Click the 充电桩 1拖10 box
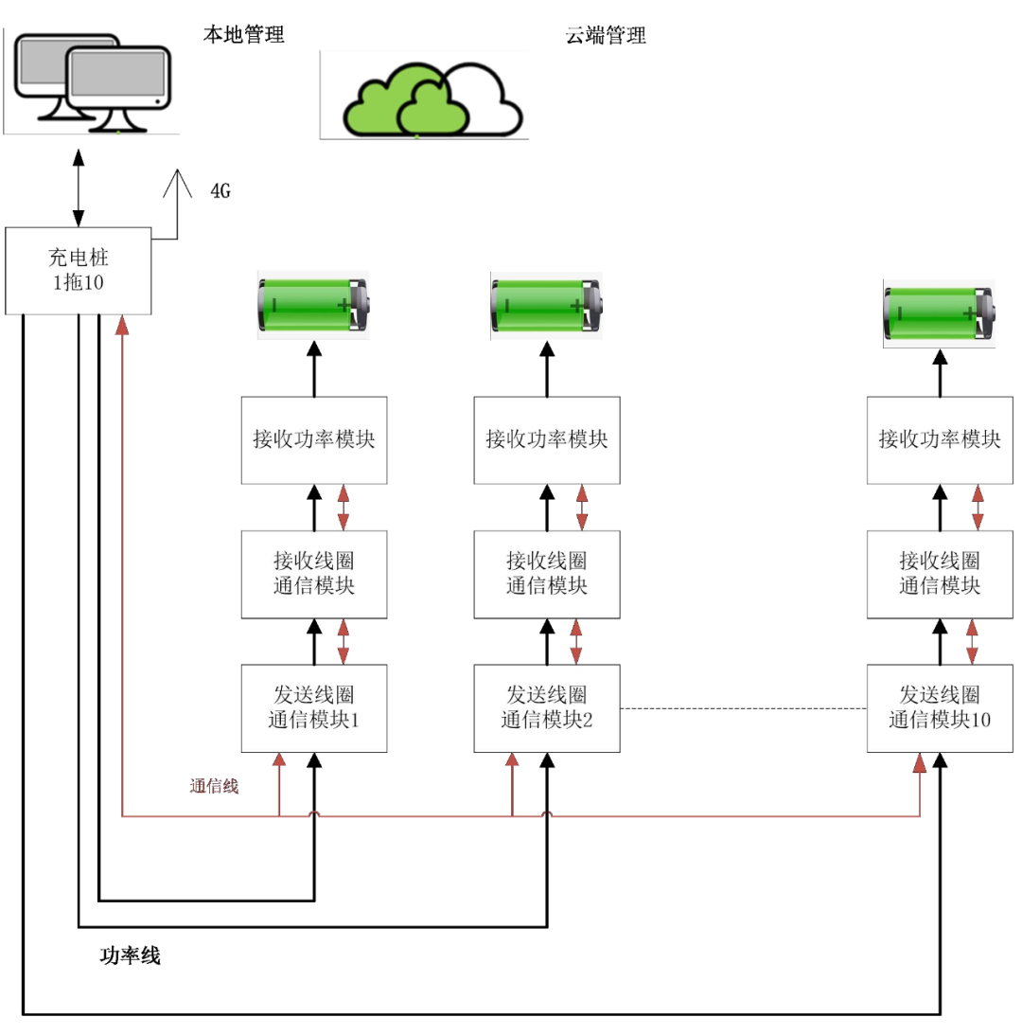[79, 270]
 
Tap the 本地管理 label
[243, 36]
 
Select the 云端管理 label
[606, 36]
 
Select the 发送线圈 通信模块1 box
[313, 708]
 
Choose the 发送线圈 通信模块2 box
[547, 708]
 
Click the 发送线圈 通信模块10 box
[941, 708]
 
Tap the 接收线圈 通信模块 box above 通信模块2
[547, 574]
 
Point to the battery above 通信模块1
[314, 305]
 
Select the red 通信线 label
[214, 785]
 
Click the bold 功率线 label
[130, 955]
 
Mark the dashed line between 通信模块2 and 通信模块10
[744, 708]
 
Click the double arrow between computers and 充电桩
[78, 187]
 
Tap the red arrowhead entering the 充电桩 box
[121, 325]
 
